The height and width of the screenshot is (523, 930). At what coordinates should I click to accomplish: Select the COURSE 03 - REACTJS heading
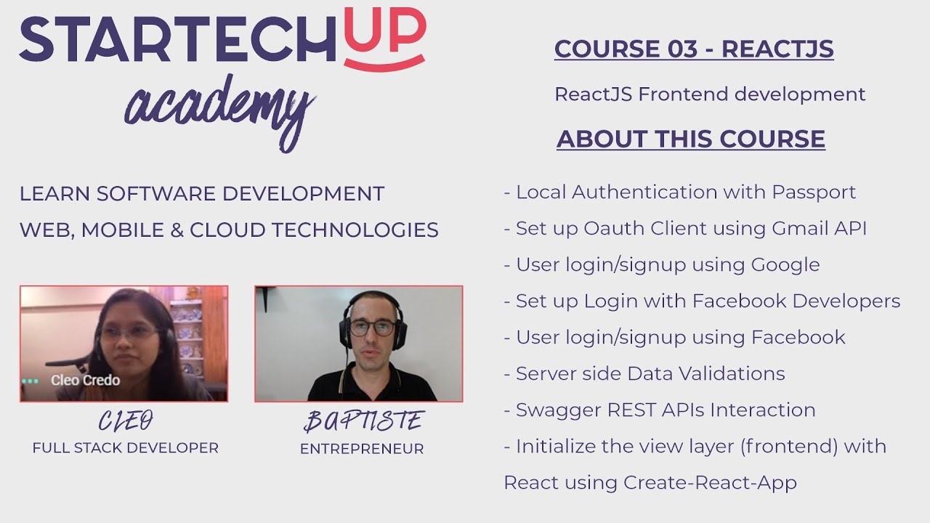click(x=694, y=49)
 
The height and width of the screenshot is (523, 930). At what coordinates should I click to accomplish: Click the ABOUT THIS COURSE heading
click(x=691, y=139)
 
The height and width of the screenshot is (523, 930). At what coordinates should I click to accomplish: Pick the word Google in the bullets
click(x=785, y=264)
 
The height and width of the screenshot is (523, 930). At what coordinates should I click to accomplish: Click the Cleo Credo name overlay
click(x=86, y=381)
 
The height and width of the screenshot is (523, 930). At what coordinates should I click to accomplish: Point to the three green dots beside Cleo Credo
click(x=30, y=381)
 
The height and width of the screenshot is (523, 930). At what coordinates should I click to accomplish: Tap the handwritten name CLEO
click(x=126, y=421)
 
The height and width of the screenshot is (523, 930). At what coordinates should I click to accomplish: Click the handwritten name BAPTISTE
click(x=363, y=421)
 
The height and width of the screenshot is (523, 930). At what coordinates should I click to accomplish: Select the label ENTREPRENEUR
click(x=362, y=449)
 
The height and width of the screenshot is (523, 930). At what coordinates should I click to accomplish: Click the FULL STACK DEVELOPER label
click(x=125, y=448)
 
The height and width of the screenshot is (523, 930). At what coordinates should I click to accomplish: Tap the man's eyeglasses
click(x=373, y=327)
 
